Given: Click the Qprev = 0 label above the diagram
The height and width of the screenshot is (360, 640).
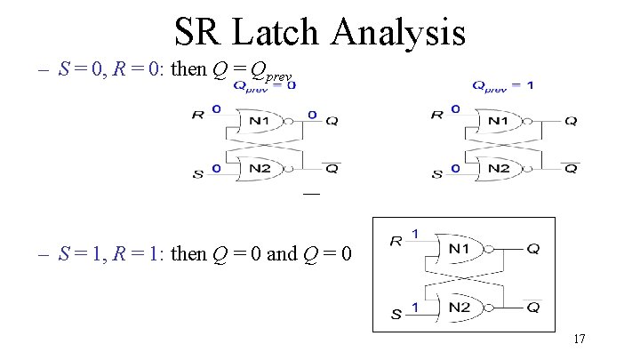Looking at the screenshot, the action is tap(265, 86).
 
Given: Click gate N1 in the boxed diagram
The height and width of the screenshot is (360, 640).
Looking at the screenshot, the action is tap(461, 249).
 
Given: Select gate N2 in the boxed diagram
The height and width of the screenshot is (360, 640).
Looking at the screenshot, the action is tap(461, 308).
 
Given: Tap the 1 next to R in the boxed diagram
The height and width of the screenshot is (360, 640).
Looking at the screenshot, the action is tap(414, 234).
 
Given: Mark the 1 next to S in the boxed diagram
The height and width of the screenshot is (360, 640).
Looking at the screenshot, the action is tap(414, 307).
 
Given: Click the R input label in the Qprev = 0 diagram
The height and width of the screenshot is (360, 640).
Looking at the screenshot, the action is tap(197, 115).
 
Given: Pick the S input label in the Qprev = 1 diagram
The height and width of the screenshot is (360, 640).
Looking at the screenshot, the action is tap(436, 174).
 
